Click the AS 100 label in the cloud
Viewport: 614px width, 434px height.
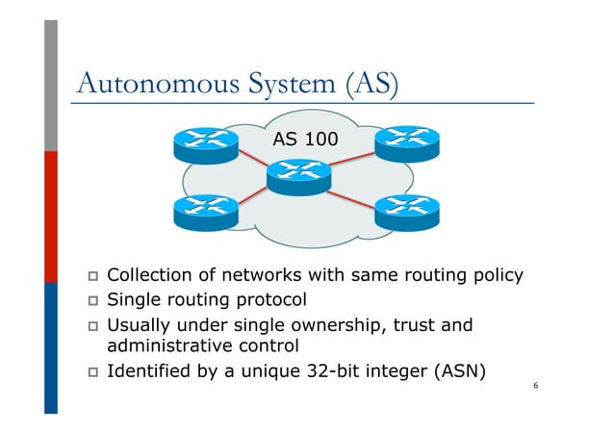[x=305, y=140]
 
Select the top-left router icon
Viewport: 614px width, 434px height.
[x=205, y=143]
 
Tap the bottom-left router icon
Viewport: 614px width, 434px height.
[x=205, y=211]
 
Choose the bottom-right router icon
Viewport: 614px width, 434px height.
[x=406, y=211]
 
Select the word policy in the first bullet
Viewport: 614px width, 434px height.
[x=496, y=276]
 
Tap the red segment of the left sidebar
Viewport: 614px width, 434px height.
[x=51, y=217]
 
